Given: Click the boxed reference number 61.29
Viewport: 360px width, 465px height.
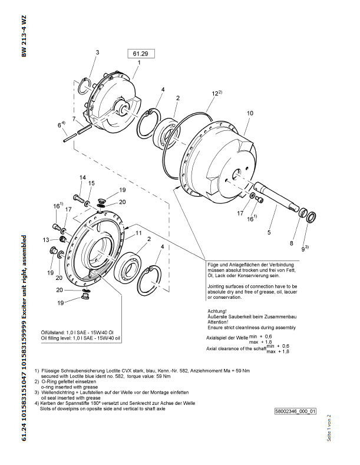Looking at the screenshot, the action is (141, 54).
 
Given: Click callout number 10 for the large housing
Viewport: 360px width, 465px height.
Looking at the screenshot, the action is (250, 113).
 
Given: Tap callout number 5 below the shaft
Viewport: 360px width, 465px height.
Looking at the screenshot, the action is (269, 232).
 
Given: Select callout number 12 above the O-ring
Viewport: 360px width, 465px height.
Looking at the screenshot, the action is (216, 94).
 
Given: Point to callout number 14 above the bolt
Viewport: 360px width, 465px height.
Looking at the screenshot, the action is (82, 177).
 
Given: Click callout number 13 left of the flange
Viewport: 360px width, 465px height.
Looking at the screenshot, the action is (46, 240).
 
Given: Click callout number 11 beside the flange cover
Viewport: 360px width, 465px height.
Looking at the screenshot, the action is (138, 233).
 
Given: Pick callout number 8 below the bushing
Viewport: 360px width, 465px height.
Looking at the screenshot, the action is (292, 243).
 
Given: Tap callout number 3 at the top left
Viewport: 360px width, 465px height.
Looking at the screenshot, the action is (97, 52).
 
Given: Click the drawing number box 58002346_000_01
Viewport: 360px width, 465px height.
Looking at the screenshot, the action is (295, 411).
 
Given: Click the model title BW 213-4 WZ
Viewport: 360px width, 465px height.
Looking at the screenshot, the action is (24, 36).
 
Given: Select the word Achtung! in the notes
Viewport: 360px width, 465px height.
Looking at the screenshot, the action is (217, 311).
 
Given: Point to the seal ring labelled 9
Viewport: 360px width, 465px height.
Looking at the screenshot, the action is (311, 217).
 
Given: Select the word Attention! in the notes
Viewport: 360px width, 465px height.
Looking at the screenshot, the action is (217, 322).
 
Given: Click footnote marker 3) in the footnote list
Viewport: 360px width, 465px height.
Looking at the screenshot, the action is (37, 393).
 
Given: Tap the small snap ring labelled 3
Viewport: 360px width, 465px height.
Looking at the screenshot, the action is (84, 86).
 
